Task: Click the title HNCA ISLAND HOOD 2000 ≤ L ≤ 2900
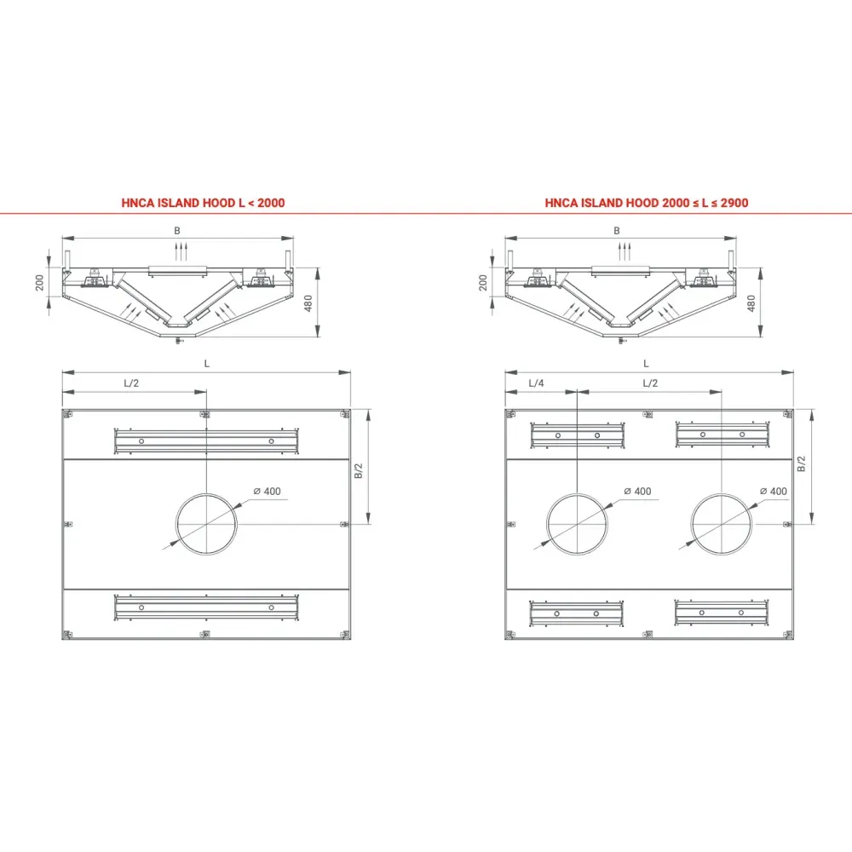click(x=647, y=203)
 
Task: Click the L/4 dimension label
click(x=536, y=383)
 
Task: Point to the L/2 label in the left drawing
click(x=131, y=383)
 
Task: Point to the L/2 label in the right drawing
click(x=649, y=383)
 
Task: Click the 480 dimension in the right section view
click(x=751, y=302)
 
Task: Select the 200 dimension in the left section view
click(x=39, y=282)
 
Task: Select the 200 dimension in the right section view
click(x=483, y=282)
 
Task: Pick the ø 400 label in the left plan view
click(x=267, y=490)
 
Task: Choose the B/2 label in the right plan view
click(x=801, y=465)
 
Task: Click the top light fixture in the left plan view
click(x=206, y=440)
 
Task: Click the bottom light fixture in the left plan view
click(x=206, y=607)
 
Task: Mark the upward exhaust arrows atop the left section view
click(x=178, y=250)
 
